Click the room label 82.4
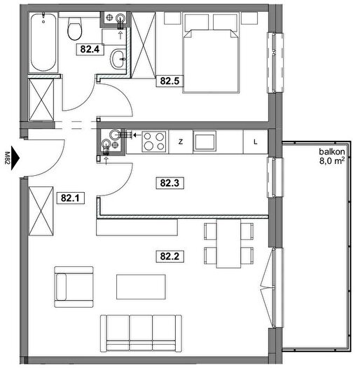pos(90,49)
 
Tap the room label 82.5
pos(169,81)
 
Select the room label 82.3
pos(169,183)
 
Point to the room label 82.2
pos(169,256)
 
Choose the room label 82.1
pos(71,198)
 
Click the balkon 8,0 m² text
pos(332,156)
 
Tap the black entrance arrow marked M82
pos(15,158)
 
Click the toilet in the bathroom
pos(75,29)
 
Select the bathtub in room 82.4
pos(43,42)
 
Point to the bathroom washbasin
pos(118,58)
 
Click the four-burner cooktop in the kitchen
pos(154,142)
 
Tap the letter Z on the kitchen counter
pos(181,142)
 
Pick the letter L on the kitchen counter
pos(256,142)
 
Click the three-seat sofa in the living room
pos(141,334)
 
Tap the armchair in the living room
pos(74,287)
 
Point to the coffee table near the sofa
pos(141,287)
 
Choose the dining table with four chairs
pos(228,243)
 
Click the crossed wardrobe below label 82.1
pos(41,211)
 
